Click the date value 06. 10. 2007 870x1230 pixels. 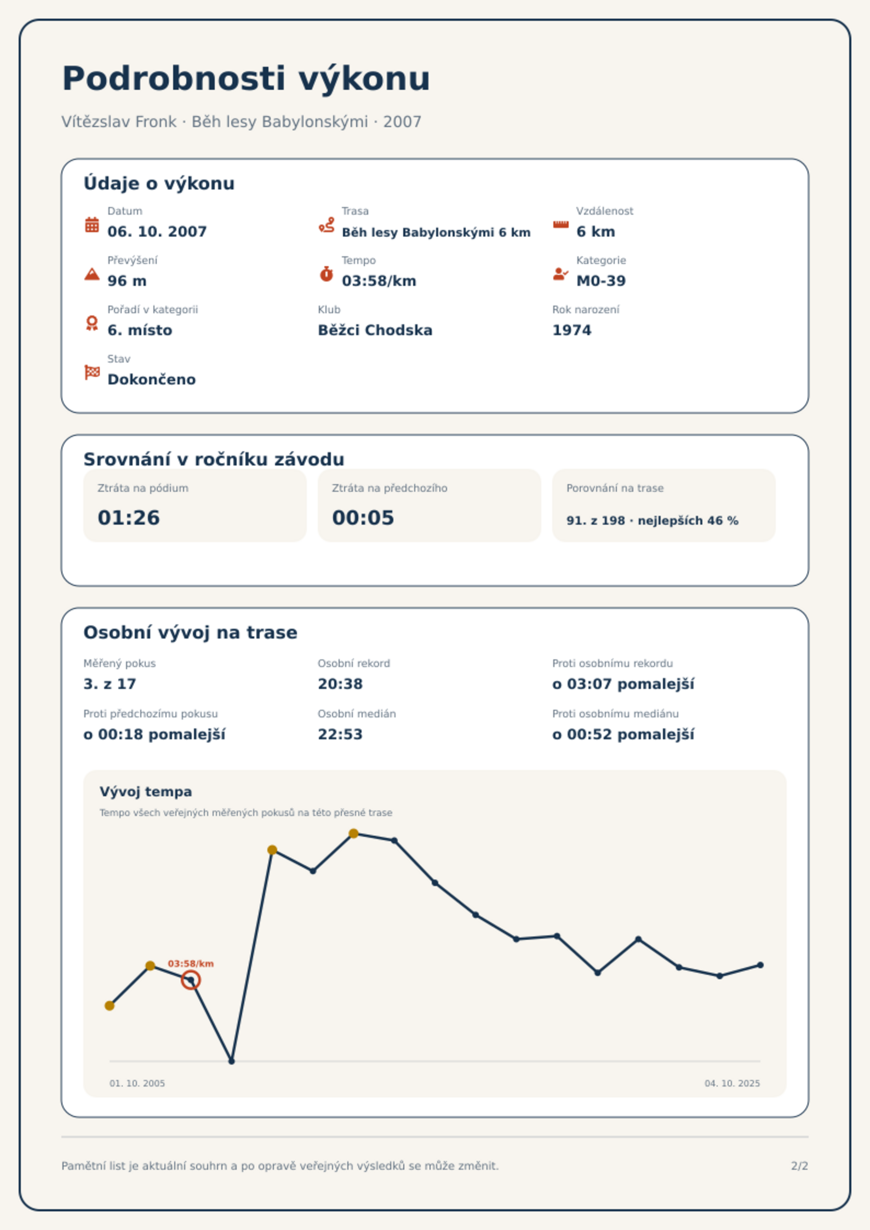click(x=157, y=232)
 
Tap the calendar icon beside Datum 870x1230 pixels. click(x=92, y=225)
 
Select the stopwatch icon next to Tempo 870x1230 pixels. click(x=327, y=274)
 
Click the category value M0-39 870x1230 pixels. click(x=601, y=281)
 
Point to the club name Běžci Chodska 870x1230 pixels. click(x=375, y=330)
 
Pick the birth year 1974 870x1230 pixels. click(x=572, y=330)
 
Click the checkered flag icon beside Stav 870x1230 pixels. click(x=92, y=372)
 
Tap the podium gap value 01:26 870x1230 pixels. click(x=129, y=518)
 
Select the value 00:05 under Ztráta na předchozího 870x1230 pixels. click(x=363, y=518)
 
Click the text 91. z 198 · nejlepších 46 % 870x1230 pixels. click(x=653, y=521)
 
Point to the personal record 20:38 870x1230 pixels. click(x=340, y=684)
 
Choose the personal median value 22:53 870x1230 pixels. click(x=340, y=734)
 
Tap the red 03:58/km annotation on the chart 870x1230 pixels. click(x=191, y=964)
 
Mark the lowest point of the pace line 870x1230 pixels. click(x=232, y=1061)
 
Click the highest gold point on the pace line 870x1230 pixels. click(x=354, y=834)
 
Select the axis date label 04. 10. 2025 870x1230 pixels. click(x=732, y=1083)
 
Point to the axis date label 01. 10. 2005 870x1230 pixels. click(x=137, y=1083)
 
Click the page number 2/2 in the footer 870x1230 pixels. click(x=799, y=1166)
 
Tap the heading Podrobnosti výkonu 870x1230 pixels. click(x=246, y=78)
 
